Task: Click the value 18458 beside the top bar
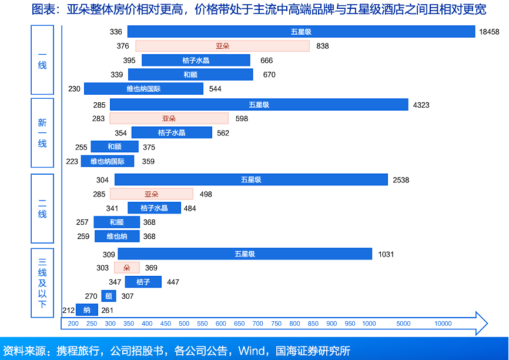click(x=489, y=32)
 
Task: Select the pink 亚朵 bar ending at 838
click(x=222, y=46)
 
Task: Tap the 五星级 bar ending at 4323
click(x=259, y=105)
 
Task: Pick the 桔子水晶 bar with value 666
click(x=196, y=60)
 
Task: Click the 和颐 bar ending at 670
click(x=190, y=75)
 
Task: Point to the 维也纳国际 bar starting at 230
click(x=143, y=89)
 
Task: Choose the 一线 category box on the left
click(x=42, y=59)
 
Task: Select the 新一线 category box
click(x=42, y=133)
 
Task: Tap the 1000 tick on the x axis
click(x=369, y=324)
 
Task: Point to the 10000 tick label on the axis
click(x=443, y=324)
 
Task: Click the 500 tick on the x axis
click(x=184, y=324)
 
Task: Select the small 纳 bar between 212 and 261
click(x=87, y=310)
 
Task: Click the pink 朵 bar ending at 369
click(x=127, y=268)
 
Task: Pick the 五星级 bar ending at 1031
click(x=245, y=254)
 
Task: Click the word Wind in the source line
click(x=251, y=351)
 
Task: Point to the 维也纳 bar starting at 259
click(x=117, y=236)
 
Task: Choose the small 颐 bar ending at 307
click(x=109, y=296)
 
